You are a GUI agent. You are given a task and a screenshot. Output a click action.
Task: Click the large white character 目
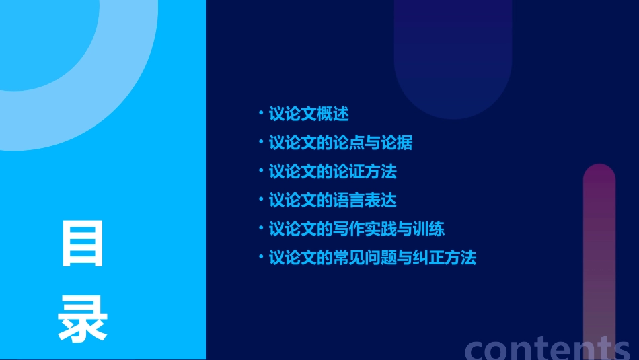[x=83, y=244]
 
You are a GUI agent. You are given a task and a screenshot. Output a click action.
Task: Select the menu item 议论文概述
[x=309, y=114]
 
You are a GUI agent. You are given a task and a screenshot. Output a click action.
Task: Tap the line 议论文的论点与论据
[x=340, y=143]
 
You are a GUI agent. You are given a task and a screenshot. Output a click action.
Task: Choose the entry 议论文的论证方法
[x=332, y=172]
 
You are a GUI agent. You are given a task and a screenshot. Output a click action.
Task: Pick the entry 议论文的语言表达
[x=332, y=200]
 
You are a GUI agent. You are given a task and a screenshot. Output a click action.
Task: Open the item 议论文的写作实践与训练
[x=356, y=229]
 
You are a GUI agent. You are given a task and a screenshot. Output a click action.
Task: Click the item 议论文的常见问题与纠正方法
[x=372, y=258]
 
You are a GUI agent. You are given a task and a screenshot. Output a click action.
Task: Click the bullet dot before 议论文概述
[x=261, y=113]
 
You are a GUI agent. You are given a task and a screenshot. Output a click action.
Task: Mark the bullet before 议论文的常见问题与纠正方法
[x=261, y=257]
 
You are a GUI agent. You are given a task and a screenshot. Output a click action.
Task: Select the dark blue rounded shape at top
[x=453, y=61]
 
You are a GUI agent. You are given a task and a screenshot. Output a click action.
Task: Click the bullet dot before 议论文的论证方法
[x=261, y=171]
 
